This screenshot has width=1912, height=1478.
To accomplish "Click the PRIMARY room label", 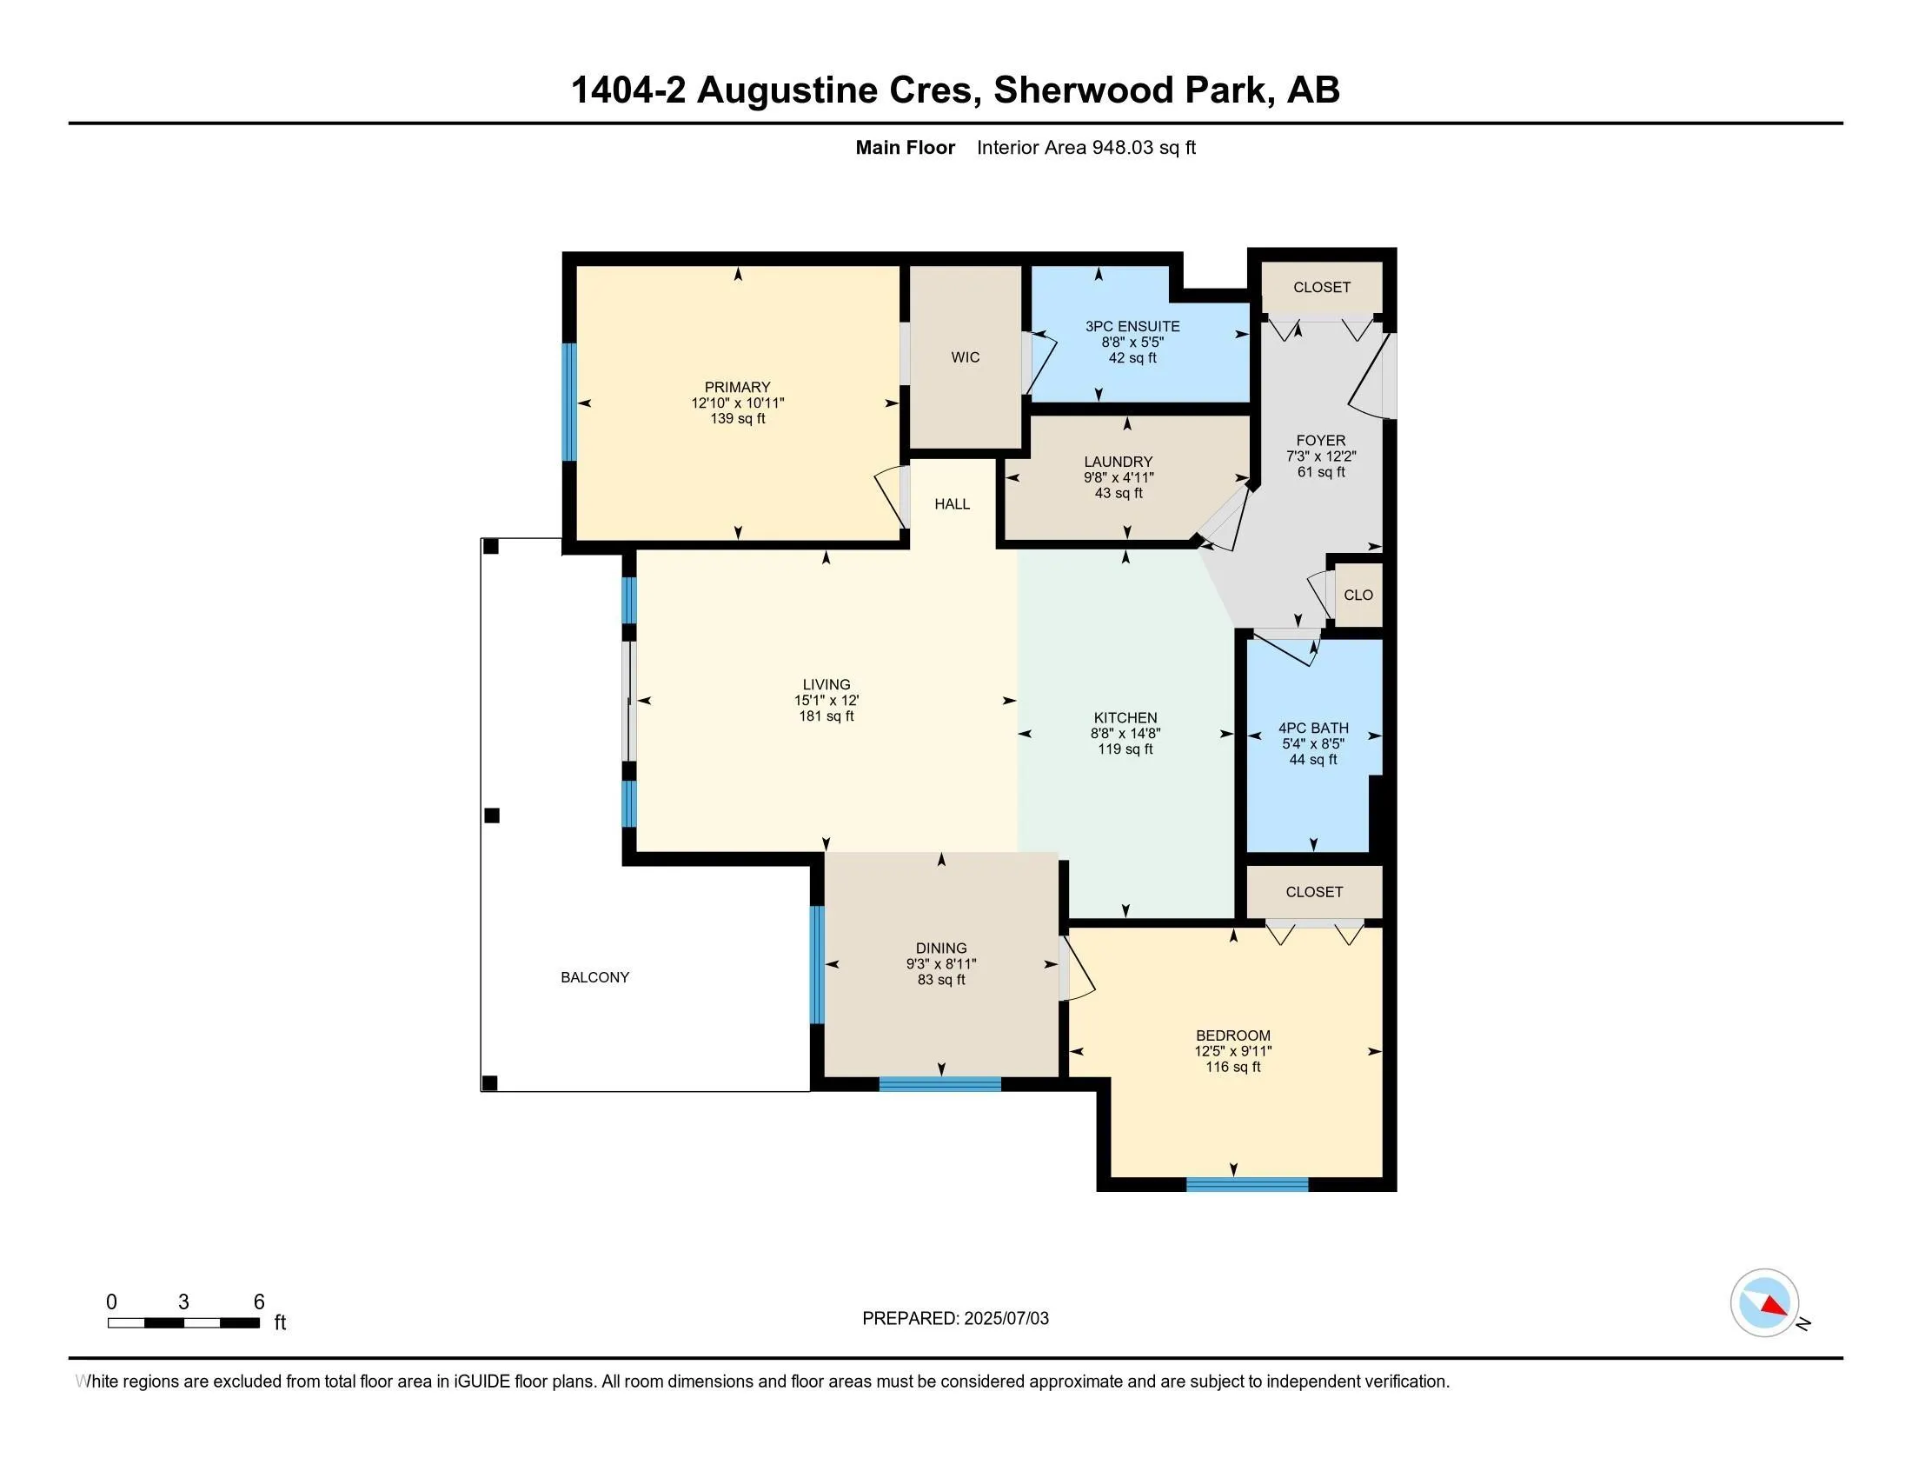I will click(737, 387).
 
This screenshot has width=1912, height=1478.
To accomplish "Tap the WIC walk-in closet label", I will click(965, 357).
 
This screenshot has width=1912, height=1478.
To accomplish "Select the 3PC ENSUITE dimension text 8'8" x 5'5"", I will click(1132, 343).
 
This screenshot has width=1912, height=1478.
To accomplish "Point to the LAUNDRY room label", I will click(1118, 462).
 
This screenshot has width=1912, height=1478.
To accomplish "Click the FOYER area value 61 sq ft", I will click(1320, 472).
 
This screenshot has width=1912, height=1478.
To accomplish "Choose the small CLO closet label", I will click(1358, 596).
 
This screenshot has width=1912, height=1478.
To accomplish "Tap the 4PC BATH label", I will click(1312, 728).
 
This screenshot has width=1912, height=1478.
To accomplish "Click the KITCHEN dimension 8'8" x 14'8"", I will click(1125, 734).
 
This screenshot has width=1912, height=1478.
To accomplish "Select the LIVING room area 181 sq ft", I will click(826, 716).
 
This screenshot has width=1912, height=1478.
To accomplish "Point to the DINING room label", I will click(941, 949).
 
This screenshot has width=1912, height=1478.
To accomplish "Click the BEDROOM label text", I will click(1232, 1035).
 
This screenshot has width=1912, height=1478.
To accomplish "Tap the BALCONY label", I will click(594, 977).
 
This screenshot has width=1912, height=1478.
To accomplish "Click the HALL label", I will click(952, 504).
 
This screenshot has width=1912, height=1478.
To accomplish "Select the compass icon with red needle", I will click(1764, 1303).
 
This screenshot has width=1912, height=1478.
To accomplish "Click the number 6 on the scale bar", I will click(259, 1302).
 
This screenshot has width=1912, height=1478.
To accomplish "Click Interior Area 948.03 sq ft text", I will click(1085, 148).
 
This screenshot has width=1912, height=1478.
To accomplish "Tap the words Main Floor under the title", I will click(905, 148).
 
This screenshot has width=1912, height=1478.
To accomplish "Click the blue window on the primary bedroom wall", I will click(569, 401).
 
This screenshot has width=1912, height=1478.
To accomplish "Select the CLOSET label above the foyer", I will click(1321, 287).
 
